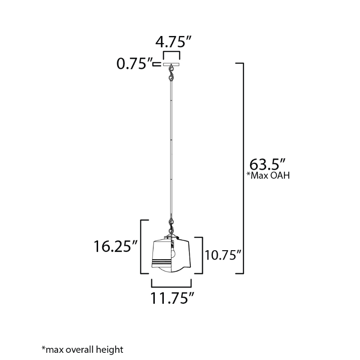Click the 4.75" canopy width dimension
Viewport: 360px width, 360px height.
point(173,41)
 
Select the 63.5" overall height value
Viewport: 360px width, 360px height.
point(267,164)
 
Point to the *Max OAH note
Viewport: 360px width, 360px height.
point(268,175)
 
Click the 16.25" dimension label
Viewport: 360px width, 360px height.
point(116,246)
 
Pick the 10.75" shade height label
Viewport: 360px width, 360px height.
point(223,255)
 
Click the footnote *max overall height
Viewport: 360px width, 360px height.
point(82,350)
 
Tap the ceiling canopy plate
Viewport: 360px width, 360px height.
point(171,64)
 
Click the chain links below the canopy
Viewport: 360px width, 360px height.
point(171,73)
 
